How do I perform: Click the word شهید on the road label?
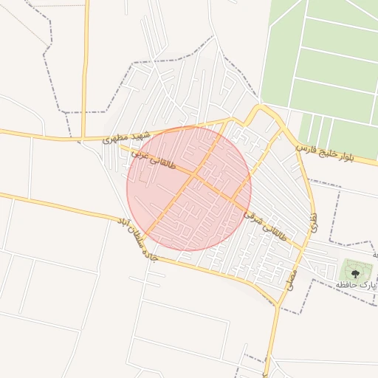141,134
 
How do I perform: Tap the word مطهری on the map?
117,138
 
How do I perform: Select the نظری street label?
313,224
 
